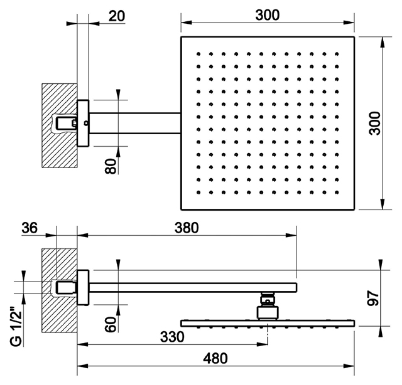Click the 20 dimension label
tap(117, 16)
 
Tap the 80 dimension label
tap(111, 166)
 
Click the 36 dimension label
tap(30, 228)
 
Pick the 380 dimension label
tap(187, 228)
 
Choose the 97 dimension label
tap(373, 298)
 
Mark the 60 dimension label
tap(111, 324)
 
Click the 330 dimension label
tap(172, 337)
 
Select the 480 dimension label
tap(215, 359)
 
